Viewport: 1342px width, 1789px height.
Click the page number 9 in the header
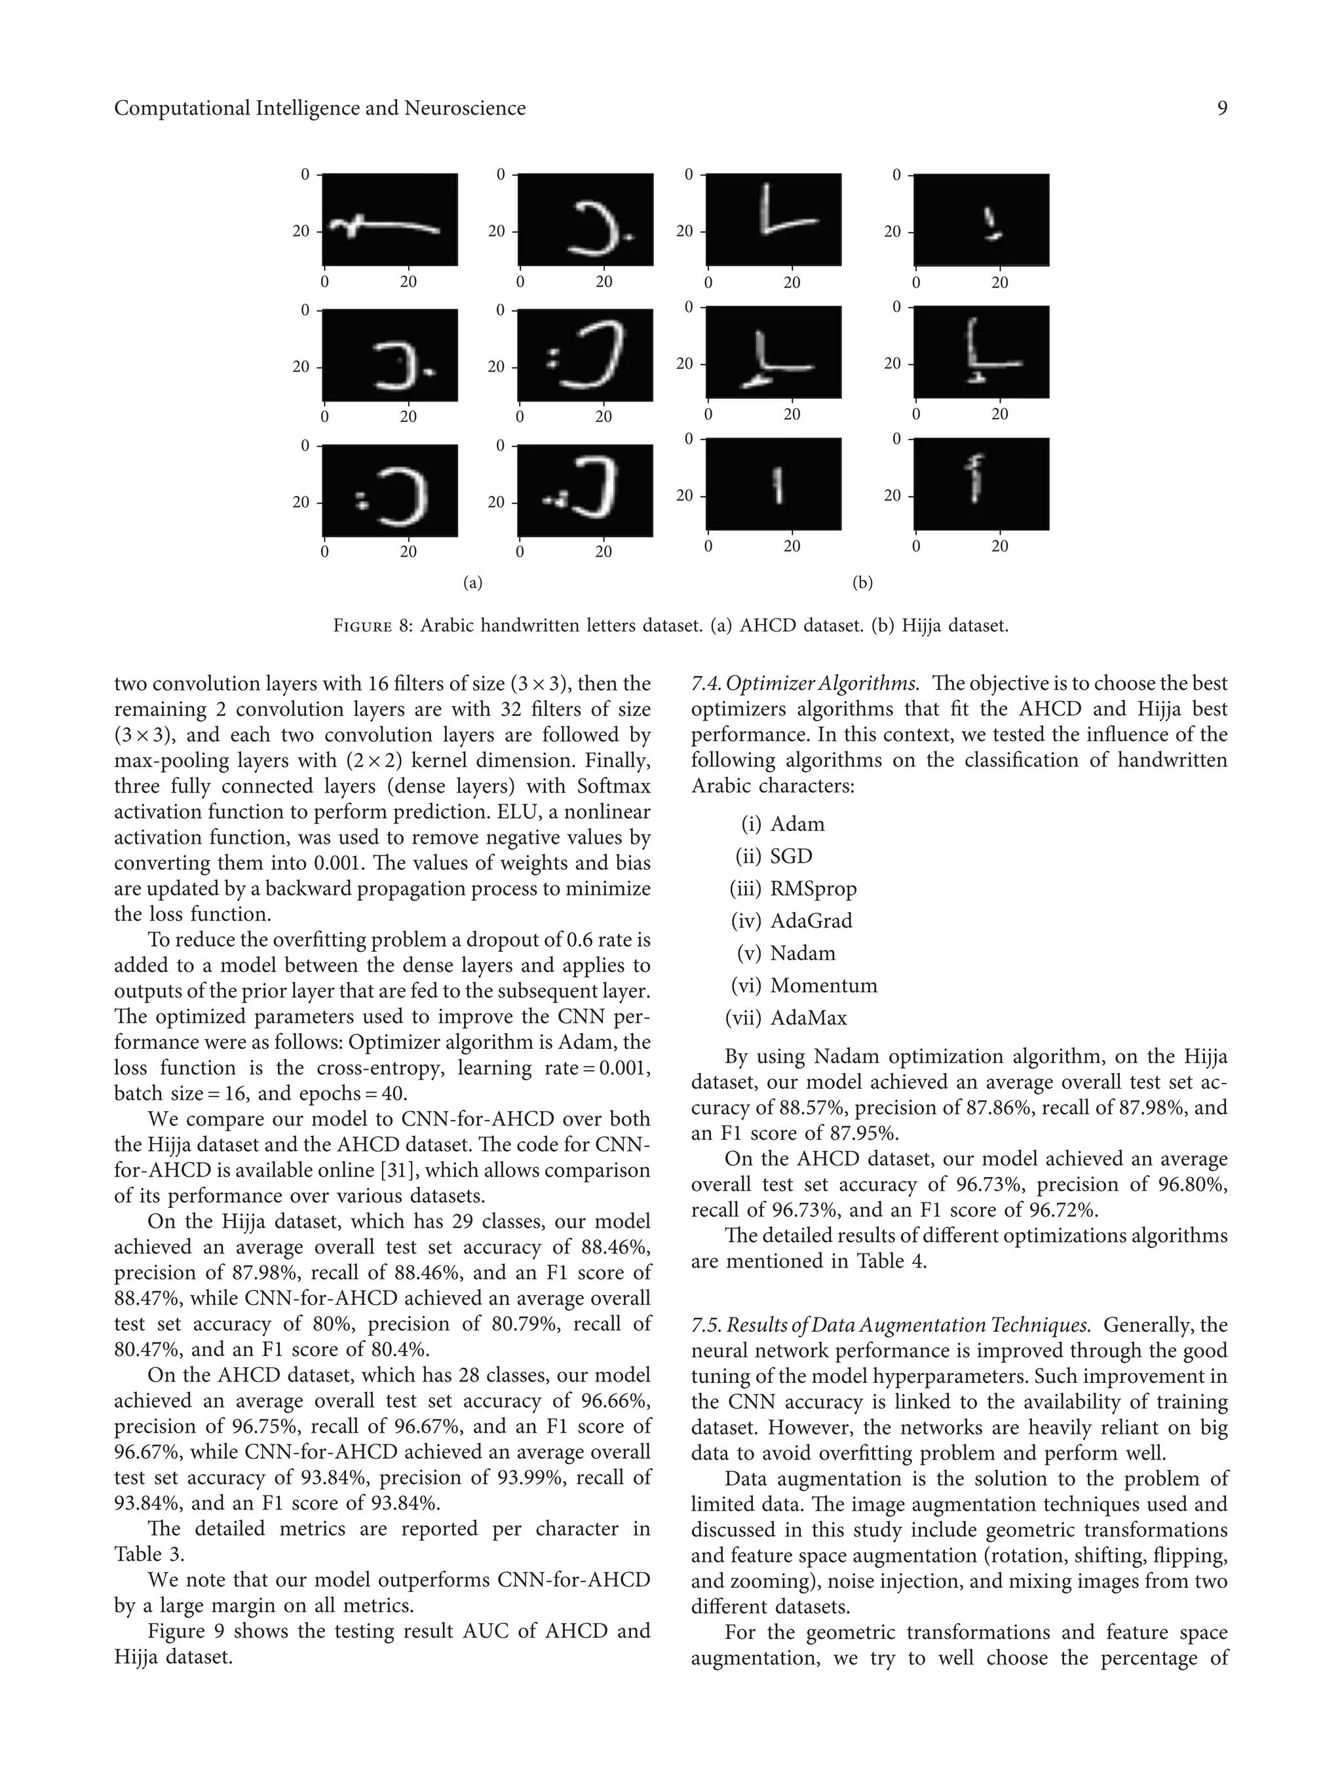click(x=1221, y=108)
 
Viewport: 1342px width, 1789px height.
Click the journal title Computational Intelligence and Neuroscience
click(x=320, y=108)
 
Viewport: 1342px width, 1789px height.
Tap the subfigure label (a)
click(x=472, y=582)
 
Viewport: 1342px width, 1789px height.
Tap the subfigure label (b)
click(x=862, y=582)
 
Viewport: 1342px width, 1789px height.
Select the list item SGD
click(x=790, y=856)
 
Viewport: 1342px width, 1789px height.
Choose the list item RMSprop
click(x=813, y=889)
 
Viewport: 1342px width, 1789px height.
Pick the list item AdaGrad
click(x=811, y=921)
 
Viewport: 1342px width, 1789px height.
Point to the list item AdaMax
click(x=808, y=1018)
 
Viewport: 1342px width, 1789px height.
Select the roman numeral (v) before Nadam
click(x=749, y=954)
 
